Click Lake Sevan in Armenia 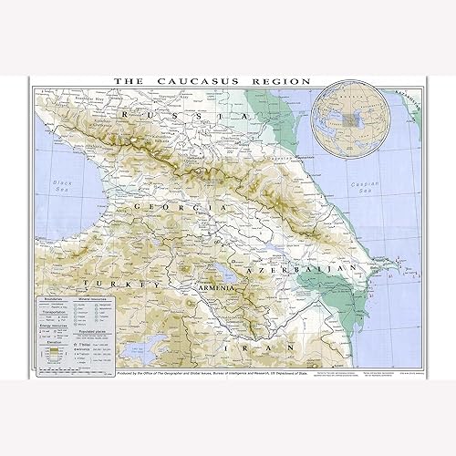coord(223,272)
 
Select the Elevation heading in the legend coord(47,344)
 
